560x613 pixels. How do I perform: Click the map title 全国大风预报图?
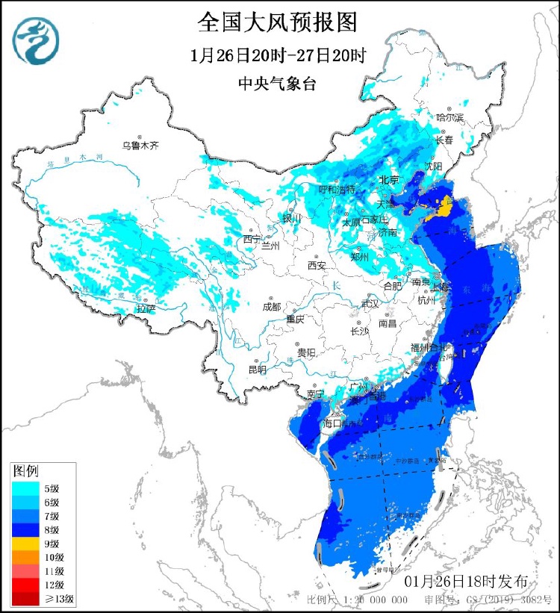point(277,22)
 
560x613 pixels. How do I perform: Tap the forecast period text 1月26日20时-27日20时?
point(278,55)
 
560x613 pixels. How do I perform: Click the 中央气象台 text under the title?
point(276,84)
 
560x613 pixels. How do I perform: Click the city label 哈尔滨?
point(450,117)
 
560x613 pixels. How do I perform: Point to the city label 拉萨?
point(146,308)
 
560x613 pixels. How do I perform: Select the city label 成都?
point(272,306)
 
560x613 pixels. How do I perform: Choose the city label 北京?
point(389,180)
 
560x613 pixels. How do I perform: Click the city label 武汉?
point(370,304)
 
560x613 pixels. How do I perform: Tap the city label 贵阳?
point(306,352)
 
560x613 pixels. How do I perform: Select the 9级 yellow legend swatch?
point(22,544)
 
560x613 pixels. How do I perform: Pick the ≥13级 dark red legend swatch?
point(22,599)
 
